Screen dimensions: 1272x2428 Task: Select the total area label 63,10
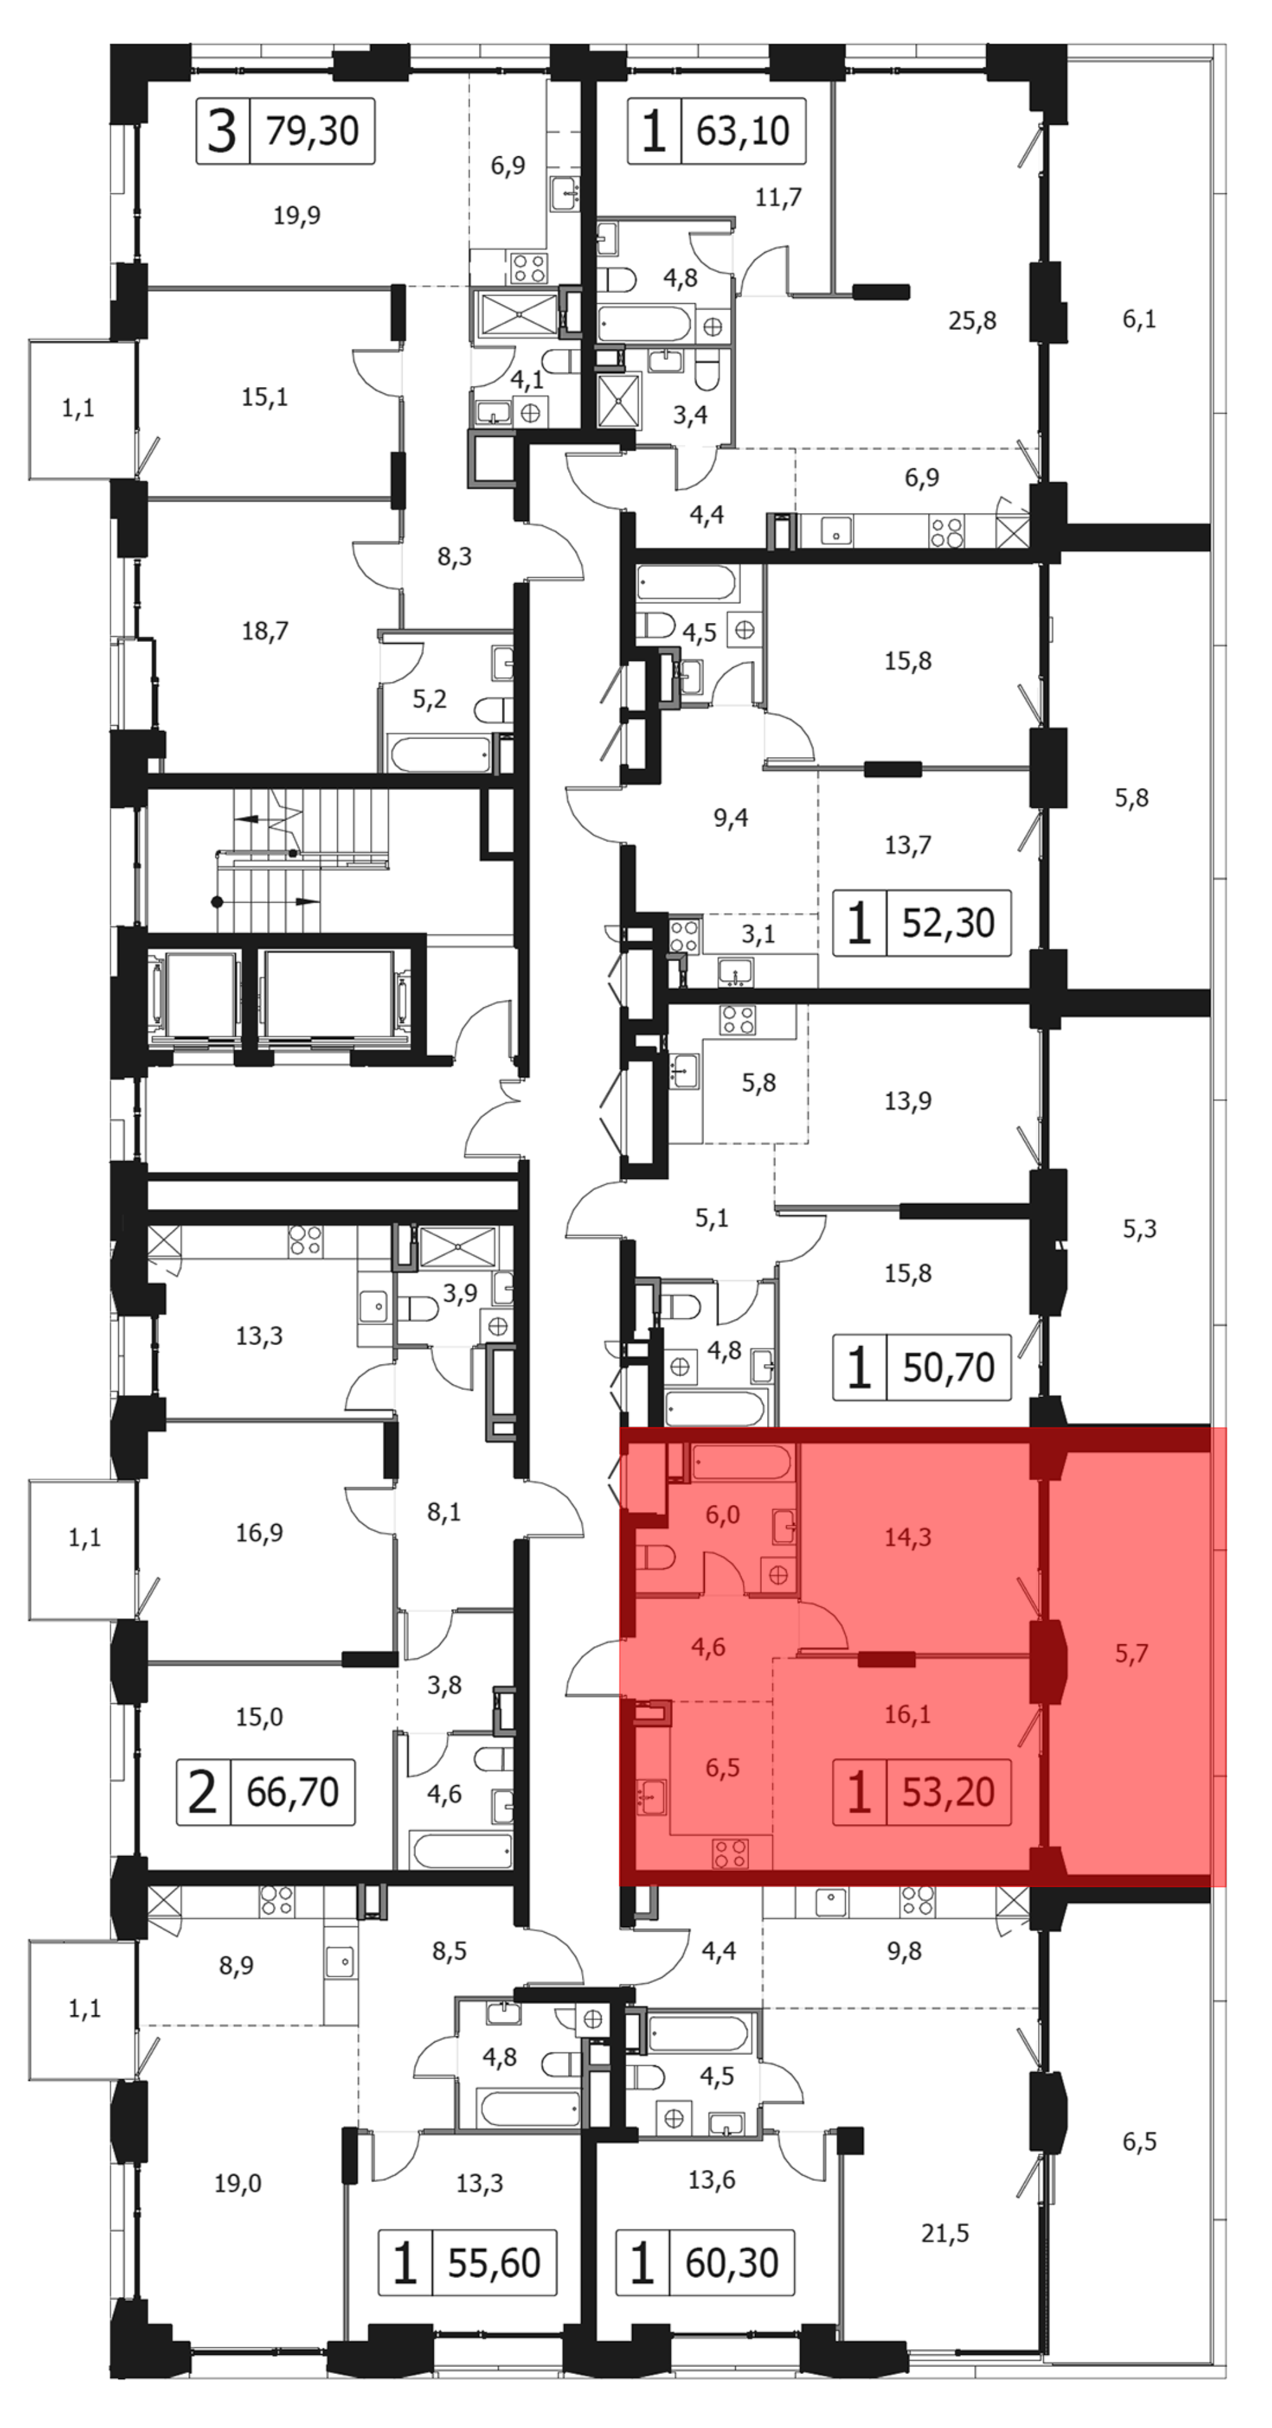coord(743,130)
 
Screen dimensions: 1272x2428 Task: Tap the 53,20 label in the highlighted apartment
coord(948,1792)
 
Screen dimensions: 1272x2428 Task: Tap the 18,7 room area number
coord(265,631)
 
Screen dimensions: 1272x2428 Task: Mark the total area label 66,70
coord(293,1792)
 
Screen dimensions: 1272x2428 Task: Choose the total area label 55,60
coord(494,2263)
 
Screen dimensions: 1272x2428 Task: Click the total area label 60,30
coord(731,2263)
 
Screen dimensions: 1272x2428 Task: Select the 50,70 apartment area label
coord(948,1366)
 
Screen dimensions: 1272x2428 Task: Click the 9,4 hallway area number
coord(731,817)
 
